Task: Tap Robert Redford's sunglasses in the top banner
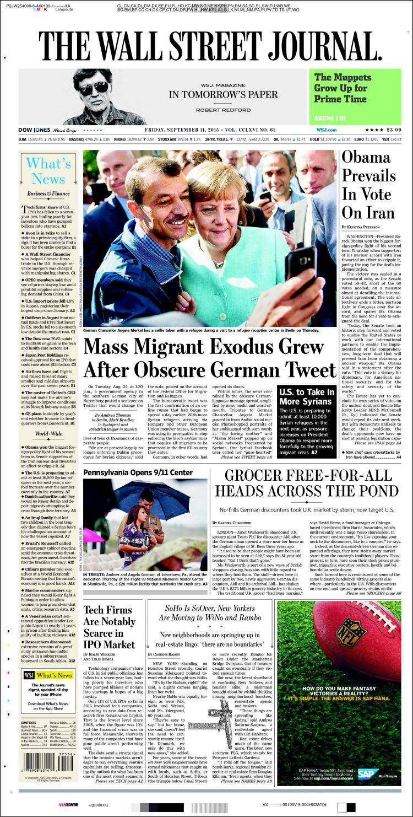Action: pyautogui.click(x=93, y=88)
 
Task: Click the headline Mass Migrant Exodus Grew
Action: pyautogui.click(x=210, y=358)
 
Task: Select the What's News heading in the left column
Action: pyautogui.click(x=48, y=171)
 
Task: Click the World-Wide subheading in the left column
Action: pyautogui.click(x=48, y=434)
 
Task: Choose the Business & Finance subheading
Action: pyautogui.click(x=48, y=193)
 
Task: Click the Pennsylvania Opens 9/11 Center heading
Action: pyautogui.click(x=138, y=472)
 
